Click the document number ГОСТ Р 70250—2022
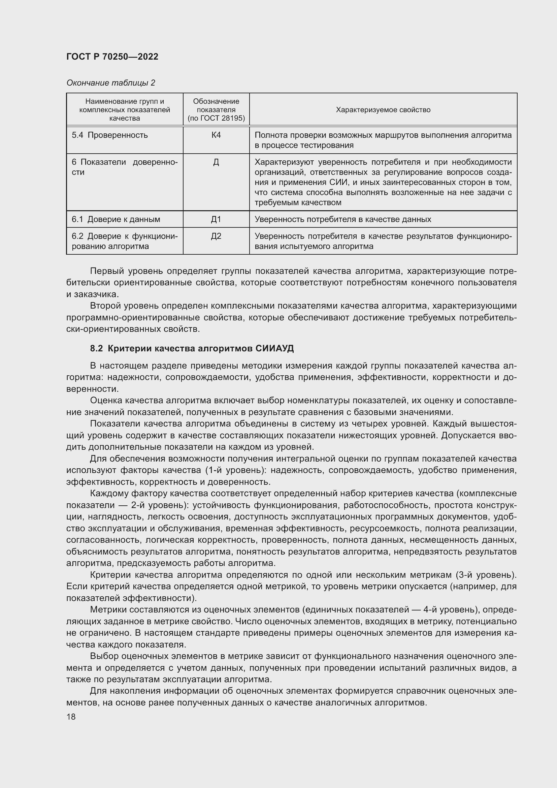[112, 57]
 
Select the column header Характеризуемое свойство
[383, 110]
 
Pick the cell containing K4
[216, 135]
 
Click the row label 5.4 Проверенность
[110, 135]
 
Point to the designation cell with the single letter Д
[216, 162]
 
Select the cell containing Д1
[216, 219]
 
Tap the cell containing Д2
[216, 236]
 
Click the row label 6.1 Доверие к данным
[116, 219]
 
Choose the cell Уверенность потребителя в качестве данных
[342, 219]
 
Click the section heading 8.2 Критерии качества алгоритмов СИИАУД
[192, 348]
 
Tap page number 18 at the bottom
[71, 717]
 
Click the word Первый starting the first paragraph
[107, 271]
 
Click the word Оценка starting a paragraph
[106, 401]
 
